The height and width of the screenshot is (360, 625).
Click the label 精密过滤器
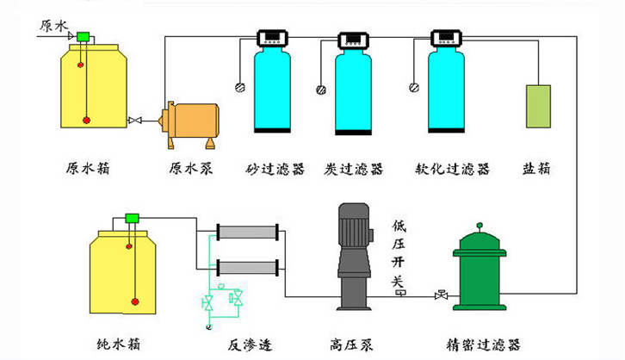(485, 344)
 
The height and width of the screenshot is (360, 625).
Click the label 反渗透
(250, 344)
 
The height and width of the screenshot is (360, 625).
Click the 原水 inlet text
(53, 25)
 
